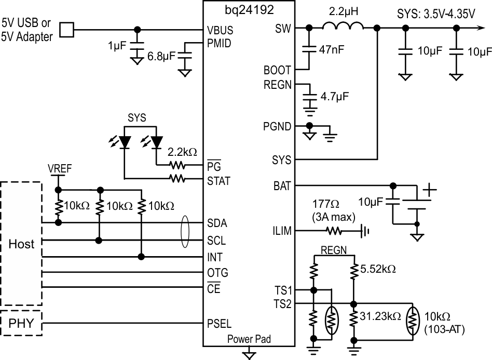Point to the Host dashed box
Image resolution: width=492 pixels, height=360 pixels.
pyautogui.click(x=21, y=244)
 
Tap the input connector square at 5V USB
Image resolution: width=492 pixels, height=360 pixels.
pyautogui.click(x=66, y=30)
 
